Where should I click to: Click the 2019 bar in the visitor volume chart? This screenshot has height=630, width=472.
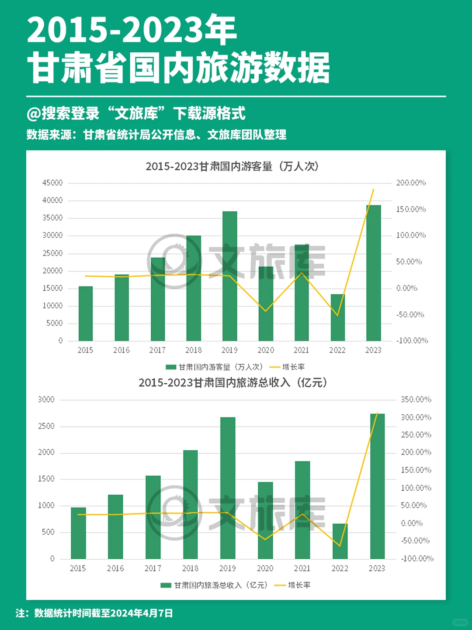[229, 276]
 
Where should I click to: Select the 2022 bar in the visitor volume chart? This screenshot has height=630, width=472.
[337, 317]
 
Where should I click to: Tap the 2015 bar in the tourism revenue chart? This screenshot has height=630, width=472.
[78, 533]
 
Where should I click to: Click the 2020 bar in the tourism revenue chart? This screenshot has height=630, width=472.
[265, 520]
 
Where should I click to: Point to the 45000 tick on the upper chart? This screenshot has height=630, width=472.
[52, 183]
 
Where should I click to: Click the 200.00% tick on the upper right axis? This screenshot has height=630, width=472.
[411, 183]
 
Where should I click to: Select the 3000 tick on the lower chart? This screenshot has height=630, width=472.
[46, 399]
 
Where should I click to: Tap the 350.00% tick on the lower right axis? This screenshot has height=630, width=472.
[416, 399]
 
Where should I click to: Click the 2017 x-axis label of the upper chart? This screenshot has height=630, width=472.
[157, 350]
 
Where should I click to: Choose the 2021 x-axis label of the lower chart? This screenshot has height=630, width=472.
[302, 568]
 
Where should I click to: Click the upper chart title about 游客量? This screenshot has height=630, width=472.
[232, 166]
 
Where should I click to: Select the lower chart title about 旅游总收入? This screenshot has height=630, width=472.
[233, 382]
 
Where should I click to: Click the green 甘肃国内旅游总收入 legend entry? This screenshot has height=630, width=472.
[214, 585]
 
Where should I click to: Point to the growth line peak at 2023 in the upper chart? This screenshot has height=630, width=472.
[373, 189]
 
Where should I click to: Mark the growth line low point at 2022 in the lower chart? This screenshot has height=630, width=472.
[339, 546]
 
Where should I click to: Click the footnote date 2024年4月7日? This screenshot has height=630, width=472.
[142, 613]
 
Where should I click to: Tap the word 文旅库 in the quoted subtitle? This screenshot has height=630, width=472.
[136, 114]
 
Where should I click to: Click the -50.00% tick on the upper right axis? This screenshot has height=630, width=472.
[410, 315]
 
